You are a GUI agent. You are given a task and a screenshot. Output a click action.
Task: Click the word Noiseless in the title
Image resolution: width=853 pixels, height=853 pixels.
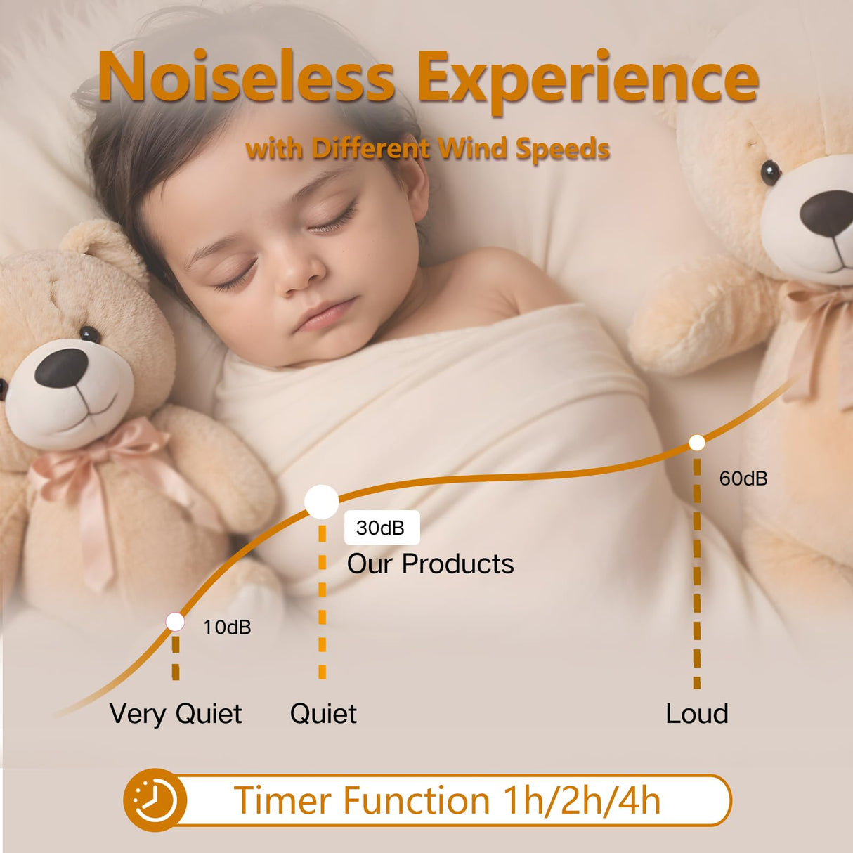pyautogui.click(x=246, y=77)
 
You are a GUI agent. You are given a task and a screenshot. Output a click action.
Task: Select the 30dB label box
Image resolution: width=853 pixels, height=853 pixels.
pyautogui.click(x=382, y=528)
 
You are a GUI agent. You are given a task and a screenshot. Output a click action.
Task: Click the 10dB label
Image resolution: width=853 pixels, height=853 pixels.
pyautogui.click(x=227, y=627)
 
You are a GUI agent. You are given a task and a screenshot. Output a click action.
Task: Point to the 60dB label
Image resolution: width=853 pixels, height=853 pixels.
pyautogui.click(x=743, y=479)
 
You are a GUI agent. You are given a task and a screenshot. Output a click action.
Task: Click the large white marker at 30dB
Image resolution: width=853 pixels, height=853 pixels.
pyautogui.click(x=322, y=502)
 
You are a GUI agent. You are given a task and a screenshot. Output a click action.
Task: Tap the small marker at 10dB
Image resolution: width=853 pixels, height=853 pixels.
pyautogui.click(x=175, y=622)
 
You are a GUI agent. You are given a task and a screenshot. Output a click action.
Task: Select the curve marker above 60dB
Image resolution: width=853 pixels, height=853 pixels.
pyautogui.click(x=696, y=443)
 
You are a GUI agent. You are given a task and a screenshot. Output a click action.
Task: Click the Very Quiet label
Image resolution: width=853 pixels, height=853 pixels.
pyautogui.click(x=176, y=714)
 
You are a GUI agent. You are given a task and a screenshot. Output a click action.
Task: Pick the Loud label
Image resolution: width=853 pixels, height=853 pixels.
pyautogui.click(x=696, y=714)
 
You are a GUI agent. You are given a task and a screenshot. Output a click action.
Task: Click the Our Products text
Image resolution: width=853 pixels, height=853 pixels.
pyautogui.click(x=430, y=564)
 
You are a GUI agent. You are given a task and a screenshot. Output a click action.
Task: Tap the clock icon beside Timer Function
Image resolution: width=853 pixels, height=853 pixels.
pyautogui.click(x=154, y=800)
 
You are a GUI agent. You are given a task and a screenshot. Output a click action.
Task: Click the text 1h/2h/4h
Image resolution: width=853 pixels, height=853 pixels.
pyautogui.click(x=582, y=801)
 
